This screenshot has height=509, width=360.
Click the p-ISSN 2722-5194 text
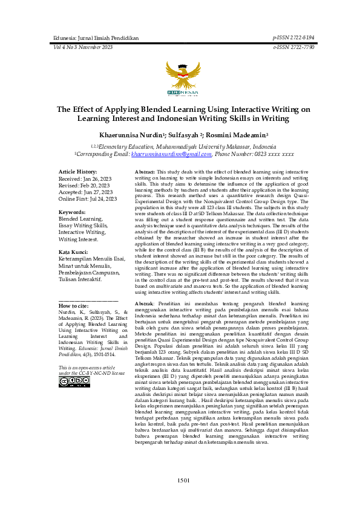click(x=293, y=37)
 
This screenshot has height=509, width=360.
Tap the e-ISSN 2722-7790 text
click(x=293, y=47)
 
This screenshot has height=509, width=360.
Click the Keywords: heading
click(x=71, y=213)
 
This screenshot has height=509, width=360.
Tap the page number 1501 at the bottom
click(x=184, y=480)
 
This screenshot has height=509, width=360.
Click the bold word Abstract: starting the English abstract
click(x=145, y=172)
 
